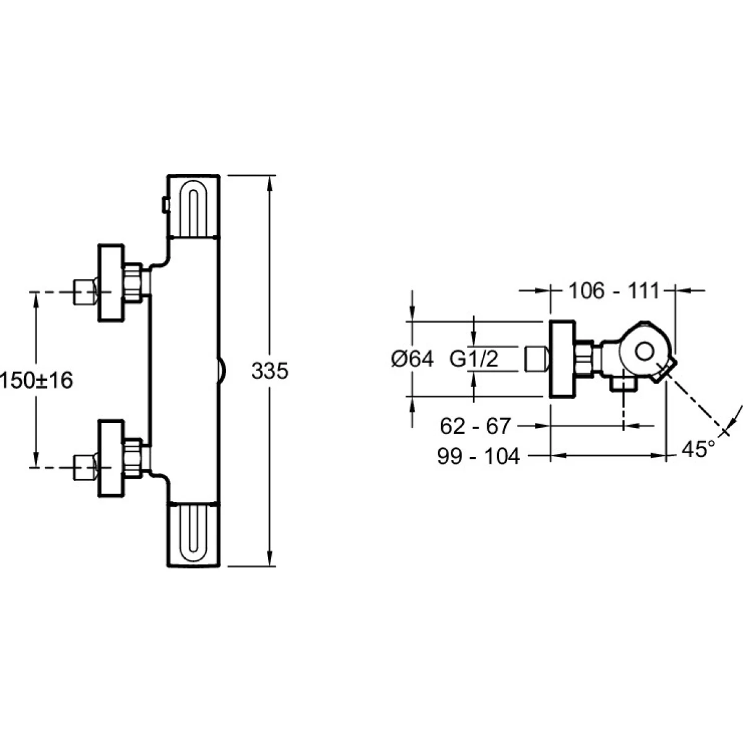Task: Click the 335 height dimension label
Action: click(x=270, y=372)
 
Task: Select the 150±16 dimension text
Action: click(x=36, y=380)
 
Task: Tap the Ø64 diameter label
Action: click(x=413, y=358)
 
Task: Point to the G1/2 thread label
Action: click(x=474, y=358)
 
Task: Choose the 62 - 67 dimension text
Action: click(x=476, y=426)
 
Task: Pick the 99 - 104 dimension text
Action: click(x=478, y=456)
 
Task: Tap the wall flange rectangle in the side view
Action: click(x=563, y=359)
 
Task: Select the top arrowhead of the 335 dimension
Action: click(x=270, y=181)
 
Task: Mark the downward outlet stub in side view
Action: click(x=623, y=385)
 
